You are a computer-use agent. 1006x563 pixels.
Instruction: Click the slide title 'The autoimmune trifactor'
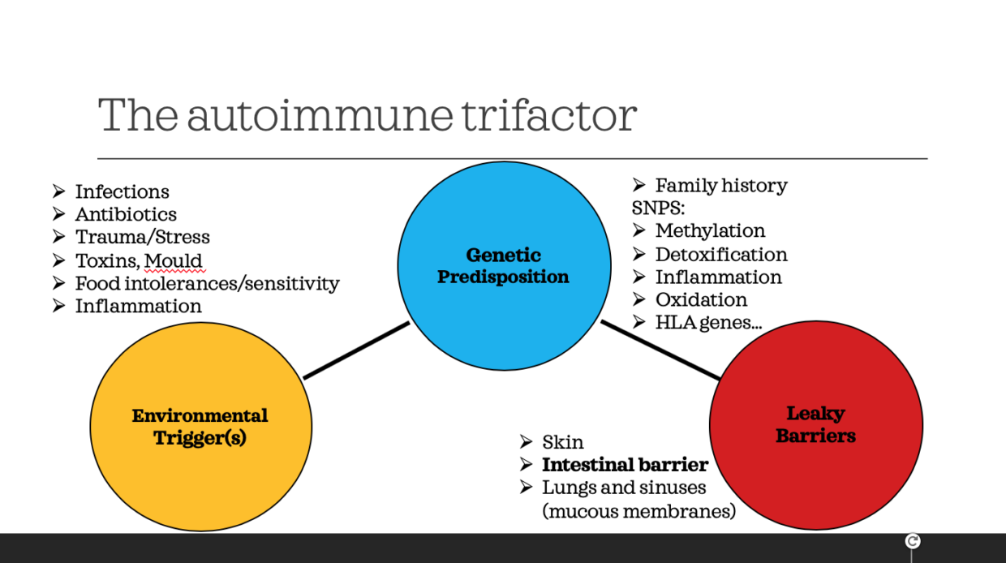point(367,115)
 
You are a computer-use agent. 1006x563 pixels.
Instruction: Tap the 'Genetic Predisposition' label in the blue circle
point(503,266)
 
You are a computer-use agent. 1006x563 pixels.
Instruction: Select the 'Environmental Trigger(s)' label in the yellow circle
point(200,427)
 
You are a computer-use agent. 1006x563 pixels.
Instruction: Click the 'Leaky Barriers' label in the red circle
point(815,425)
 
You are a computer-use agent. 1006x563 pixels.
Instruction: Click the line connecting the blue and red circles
point(660,350)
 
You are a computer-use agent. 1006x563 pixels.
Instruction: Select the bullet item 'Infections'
point(122,192)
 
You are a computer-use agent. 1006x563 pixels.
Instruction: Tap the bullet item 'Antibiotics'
point(126,215)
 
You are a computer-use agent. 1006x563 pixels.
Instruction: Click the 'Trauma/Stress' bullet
point(142,238)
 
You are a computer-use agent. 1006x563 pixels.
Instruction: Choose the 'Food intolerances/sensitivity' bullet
point(207,284)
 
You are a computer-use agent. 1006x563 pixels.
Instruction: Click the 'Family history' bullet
point(720,186)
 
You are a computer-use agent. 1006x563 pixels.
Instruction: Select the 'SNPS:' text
point(658,208)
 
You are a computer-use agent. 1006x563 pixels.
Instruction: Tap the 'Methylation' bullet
point(710,231)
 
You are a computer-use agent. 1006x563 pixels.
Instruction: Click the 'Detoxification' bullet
point(720,255)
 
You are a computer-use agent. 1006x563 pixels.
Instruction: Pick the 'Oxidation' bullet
point(701,300)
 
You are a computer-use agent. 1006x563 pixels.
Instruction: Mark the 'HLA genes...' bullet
point(708,323)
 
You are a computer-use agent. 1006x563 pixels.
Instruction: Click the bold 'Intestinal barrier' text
point(625,466)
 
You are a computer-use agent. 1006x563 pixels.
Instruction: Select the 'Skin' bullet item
point(562,443)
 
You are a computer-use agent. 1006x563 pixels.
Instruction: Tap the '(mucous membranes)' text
point(638,511)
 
